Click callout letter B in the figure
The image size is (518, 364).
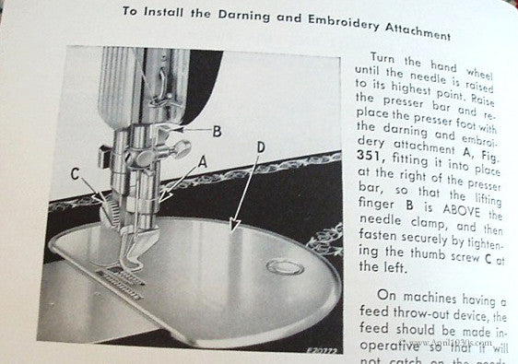pyautogui.click(x=217, y=131)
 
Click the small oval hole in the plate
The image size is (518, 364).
pyautogui.click(x=282, y=268)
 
